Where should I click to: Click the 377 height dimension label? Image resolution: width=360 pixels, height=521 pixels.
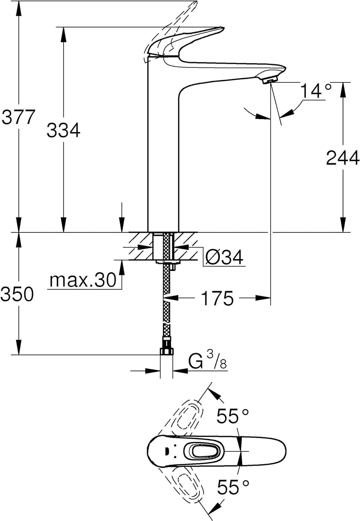[18, 117]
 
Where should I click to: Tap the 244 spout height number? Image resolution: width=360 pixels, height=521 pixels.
[343, 158]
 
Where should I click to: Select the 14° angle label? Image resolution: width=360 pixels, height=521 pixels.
[316, 90]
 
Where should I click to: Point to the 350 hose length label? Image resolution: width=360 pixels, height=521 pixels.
[17, 294]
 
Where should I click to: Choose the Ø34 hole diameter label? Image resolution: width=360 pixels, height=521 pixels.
[224, 257]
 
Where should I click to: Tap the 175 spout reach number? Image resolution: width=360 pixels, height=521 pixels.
[217, 298]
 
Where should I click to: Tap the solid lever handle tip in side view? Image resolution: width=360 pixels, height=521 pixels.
[219, 29]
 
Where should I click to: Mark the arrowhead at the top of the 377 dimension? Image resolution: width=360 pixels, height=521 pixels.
[19, 9]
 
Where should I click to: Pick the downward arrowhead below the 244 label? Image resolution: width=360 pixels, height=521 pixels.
[343, 225]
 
